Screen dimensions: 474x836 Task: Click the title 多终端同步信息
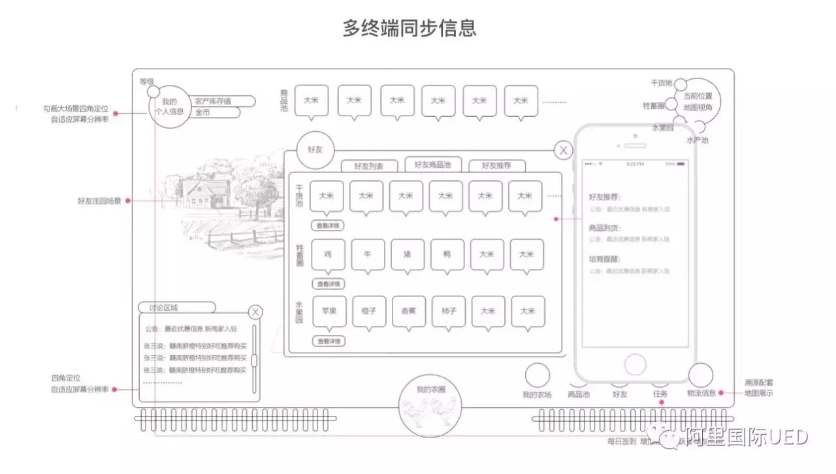pyautogui.click(x=410, y=28)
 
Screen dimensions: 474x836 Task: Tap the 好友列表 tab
pyautogui.click(x=369, y=166)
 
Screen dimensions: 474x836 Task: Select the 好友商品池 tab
pyautogui.click(x=432, y=165)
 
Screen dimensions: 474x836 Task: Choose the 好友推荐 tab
pyautogui.click(x=496, y=166)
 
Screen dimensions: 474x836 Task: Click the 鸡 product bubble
pyautogui.click(x=328, y=255)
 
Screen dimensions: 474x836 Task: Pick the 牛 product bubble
pyautogui.click(x=368, y=255)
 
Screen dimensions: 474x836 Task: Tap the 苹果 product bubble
pyautogui.click(x=329, y=311)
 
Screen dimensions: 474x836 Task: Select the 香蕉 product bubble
pyautogui.click(x=409, y=311)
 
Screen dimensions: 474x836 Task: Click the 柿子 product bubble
pyautogui.click(x=449, y=311)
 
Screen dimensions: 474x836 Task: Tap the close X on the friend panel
pyautogui.click(x=563, y=151)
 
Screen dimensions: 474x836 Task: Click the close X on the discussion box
pyautogui.click(x=255, y=313)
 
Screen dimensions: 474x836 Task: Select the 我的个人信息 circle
pyautogui.click(x=169, y=106)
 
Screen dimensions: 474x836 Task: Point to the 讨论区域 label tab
pyautogui.click(x=176, y=308)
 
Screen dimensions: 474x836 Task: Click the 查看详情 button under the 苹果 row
pyautogui.click(x=329, y=341)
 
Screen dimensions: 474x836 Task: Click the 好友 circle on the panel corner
pyautogui.click(x=315, y=150)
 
